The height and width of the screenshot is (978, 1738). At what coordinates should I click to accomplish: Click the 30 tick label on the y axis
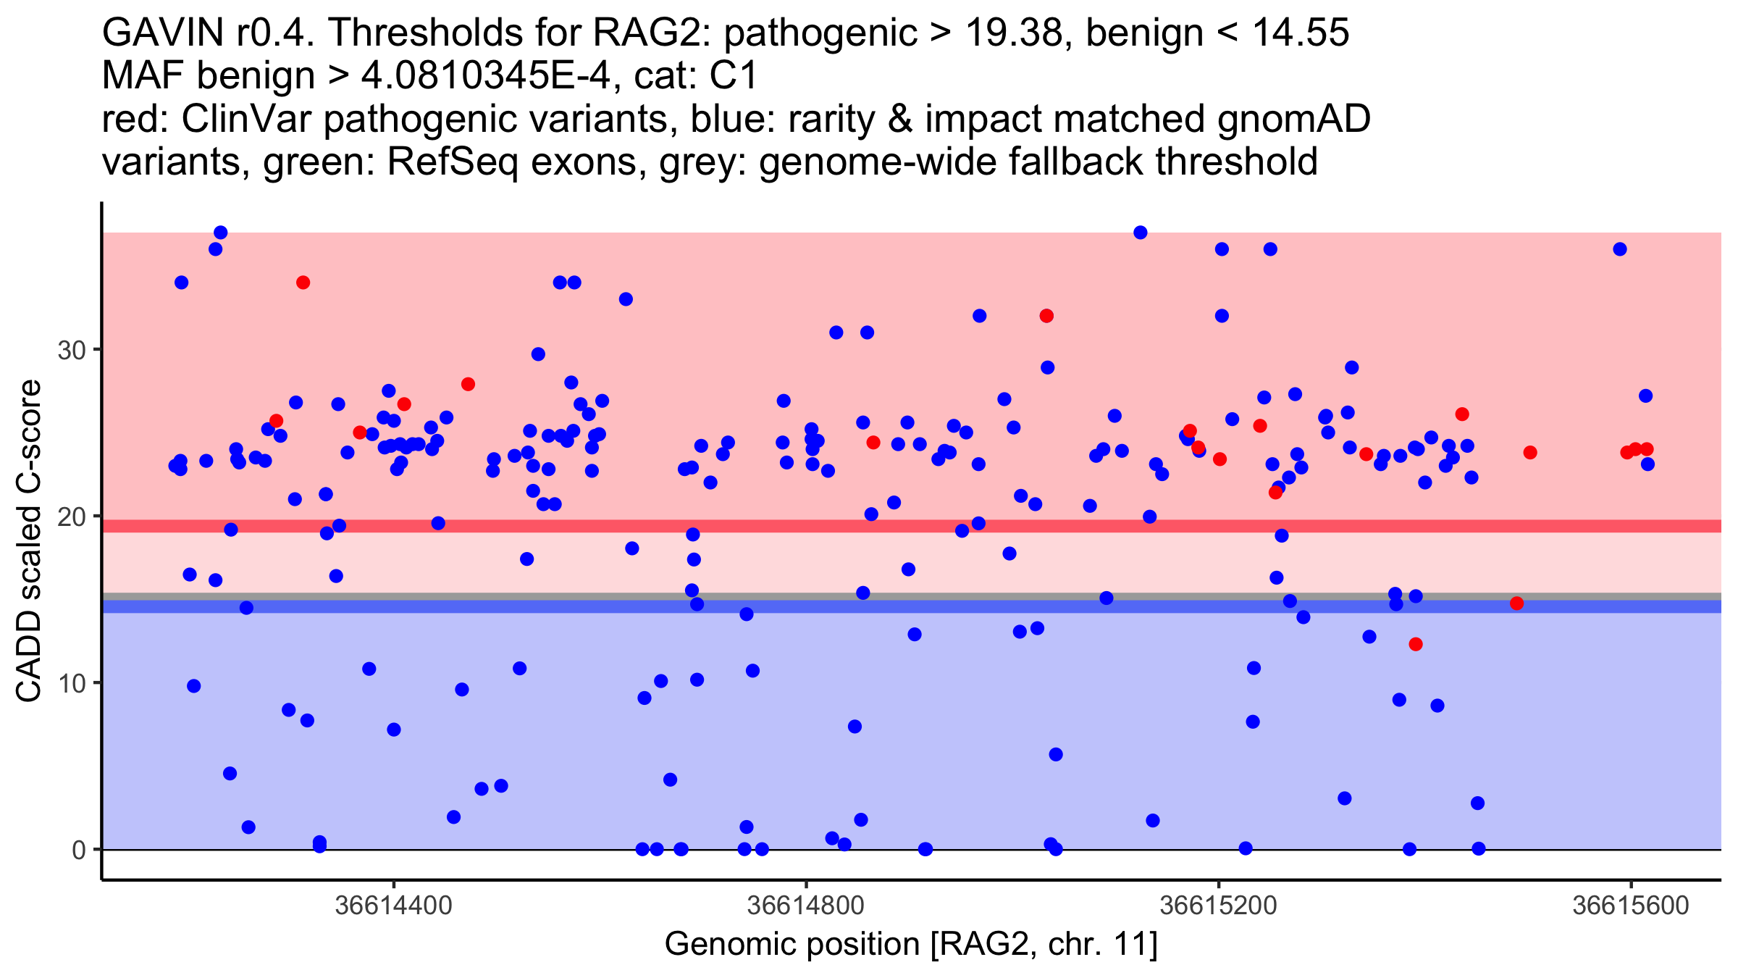tap(71, 351)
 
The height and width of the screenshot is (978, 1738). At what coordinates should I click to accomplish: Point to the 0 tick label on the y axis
tap(79, 850)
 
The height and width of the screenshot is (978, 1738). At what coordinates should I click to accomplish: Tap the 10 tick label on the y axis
tap(71, 684)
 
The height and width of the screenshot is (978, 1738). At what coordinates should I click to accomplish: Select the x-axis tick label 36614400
tap(393, 906)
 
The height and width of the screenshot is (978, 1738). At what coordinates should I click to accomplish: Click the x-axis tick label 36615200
tap(1218, 906)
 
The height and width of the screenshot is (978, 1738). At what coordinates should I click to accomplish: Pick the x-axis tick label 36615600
tap(1631, 906)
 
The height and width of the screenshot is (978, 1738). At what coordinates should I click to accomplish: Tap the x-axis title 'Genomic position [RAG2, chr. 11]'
tap(911, 945)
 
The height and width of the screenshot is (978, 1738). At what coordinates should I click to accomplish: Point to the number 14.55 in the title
tap(1301, 33)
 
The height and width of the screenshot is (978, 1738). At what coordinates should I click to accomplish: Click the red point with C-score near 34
tap(303, 283)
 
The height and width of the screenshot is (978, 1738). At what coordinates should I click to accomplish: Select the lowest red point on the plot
tap(1416, 645)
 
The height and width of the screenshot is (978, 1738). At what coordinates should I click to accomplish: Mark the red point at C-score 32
tap(1046, 316)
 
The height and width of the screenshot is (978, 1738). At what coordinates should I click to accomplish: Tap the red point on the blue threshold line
tap(1517, 603)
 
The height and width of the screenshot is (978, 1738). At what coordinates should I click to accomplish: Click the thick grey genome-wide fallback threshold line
tap(912, 596)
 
